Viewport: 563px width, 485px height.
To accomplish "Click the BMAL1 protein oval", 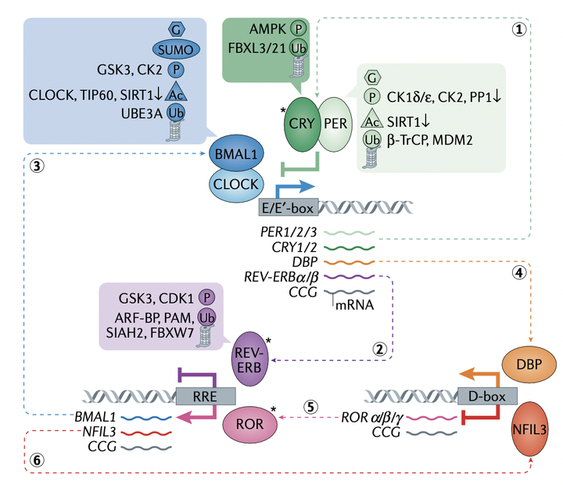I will [235, 156].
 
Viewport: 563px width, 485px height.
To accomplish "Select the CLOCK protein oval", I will [235, 186].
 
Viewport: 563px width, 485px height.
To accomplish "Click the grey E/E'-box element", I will [286, 207].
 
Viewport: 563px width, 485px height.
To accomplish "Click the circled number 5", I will [311, 406].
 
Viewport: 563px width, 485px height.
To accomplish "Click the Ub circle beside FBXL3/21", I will [298, 48].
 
